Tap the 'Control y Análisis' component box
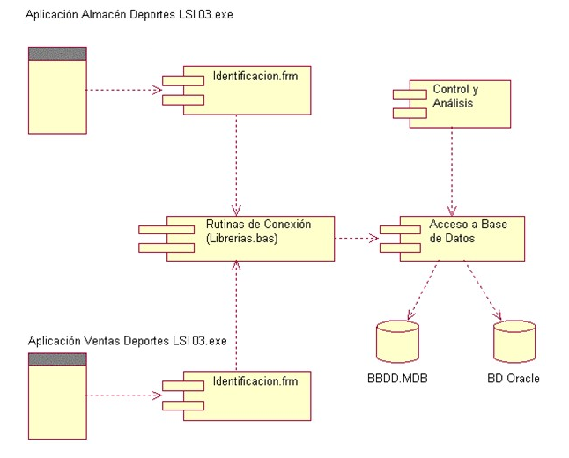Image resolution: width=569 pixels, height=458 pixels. point(458,103)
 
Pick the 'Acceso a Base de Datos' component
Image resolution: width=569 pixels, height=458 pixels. point(460,236)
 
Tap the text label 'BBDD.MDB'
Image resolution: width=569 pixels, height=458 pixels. point(397,379)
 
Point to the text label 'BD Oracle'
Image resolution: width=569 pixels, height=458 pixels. point(514,379)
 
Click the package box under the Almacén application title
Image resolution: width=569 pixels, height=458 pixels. point(57,90)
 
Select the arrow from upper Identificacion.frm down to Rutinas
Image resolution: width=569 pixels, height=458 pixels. point(235,163)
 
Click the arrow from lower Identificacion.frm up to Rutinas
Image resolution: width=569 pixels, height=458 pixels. point(235,317)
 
